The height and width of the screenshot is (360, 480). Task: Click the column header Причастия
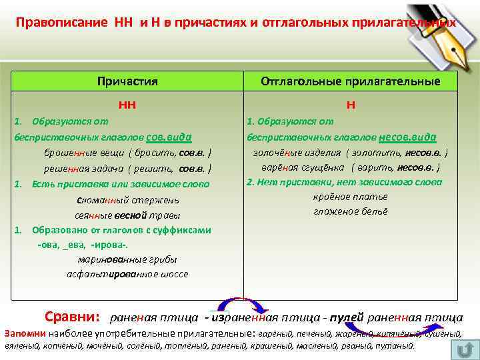[x=127, y=81]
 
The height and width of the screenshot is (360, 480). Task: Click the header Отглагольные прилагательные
[x=350, y=81]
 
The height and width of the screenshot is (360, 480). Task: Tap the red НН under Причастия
[x=127, y=104]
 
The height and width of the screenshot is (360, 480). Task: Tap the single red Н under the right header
[x=351, y=104]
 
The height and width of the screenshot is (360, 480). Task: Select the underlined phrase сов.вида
[x=169, y=136]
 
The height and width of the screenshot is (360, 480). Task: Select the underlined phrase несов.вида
[x=407, y=136]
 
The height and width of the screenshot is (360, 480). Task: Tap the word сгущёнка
[x=321, y=167]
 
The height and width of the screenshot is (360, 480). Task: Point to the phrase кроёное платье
[x=350, y=197]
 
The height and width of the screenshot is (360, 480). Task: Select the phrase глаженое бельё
[x=350, y=211]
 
